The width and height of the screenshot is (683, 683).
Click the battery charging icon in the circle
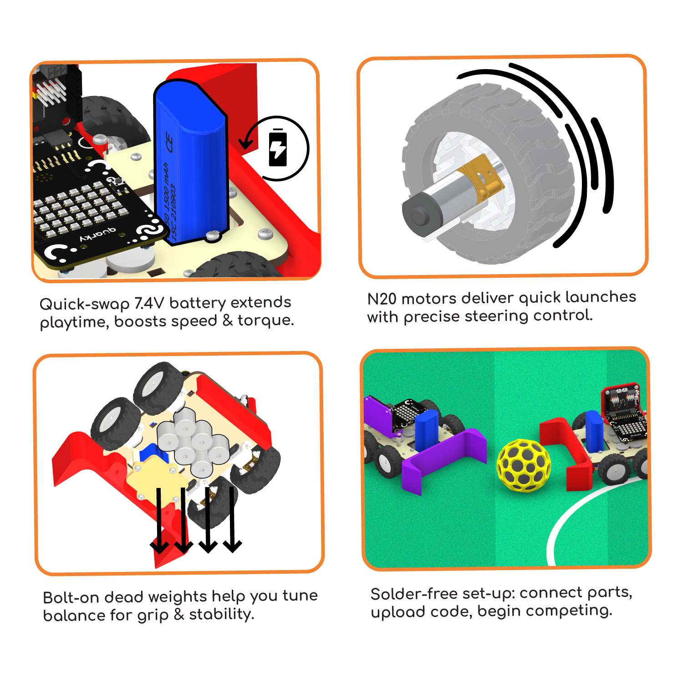[278, 148]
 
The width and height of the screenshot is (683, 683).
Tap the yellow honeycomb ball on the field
[524, 465]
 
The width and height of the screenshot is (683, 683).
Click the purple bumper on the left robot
[444, 460]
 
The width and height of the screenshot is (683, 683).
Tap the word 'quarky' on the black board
[97, 235]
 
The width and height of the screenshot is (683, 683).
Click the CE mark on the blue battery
[169, 142]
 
